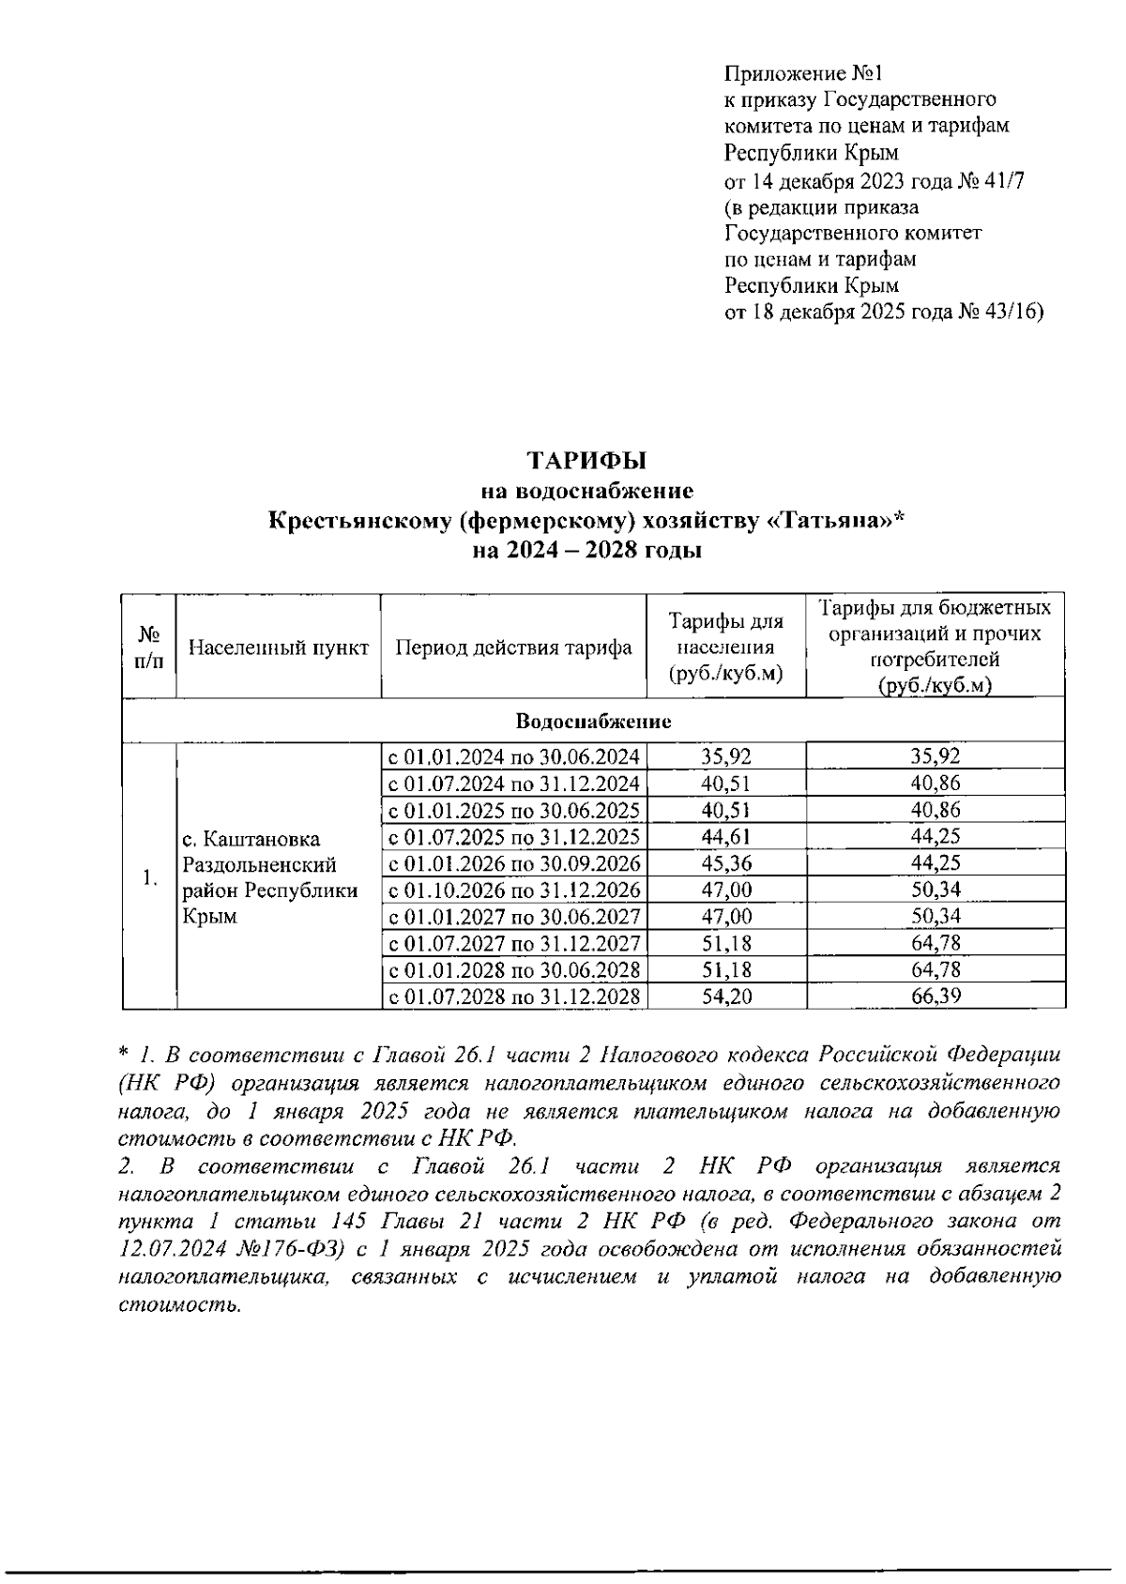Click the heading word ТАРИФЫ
pos(586,461)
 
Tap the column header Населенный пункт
pos(279,647)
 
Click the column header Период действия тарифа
pos(513,647)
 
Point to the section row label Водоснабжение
pos(593,721)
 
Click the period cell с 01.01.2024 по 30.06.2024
pos(514,756)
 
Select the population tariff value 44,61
pos(726,836)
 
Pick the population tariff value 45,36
pos(726,863)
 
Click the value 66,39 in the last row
pos(936,997)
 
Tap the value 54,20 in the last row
pos(726,997)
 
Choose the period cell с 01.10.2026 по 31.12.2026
pos(514,890)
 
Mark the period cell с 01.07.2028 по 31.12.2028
pos(514,997)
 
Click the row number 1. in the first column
pos(149,877)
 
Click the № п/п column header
pos(148,647)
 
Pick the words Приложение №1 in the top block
pos(804,73)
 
